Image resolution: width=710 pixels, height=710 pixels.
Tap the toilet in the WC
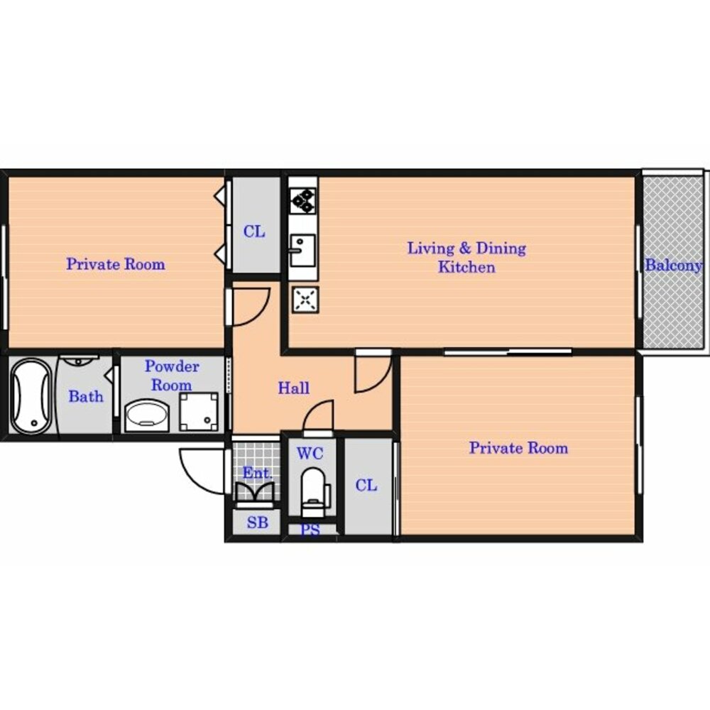click(x=314, y=492)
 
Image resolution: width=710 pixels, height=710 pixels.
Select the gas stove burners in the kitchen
click(x=302, y=201)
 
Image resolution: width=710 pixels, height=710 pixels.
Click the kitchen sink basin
click(x=302, y=250)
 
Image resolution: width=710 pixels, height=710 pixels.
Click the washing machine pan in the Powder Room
click(x=198, y=412)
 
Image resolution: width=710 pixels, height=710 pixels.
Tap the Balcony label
click(x=673, y=266)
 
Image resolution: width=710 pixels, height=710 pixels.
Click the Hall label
click(x=293, y=388)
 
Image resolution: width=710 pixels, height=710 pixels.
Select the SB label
click(x=257, y=523)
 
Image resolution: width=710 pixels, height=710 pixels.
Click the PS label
click(x=311, y=530)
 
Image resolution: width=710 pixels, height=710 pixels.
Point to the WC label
click(x=310, y=453)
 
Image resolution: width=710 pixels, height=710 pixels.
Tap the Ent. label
click(x=257, y=473)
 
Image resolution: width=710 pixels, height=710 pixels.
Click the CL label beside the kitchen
click(x=254, y=232)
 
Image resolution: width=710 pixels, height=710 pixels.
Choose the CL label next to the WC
click(x=366, y=486)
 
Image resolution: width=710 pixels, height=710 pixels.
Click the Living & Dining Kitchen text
click(x=466, y=257)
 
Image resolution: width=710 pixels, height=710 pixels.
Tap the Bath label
click(x=86, y=397)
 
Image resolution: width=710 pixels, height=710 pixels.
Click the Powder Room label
click(x=172, y=376)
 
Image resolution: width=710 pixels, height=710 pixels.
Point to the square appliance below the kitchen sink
click(x=305, y=300)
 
